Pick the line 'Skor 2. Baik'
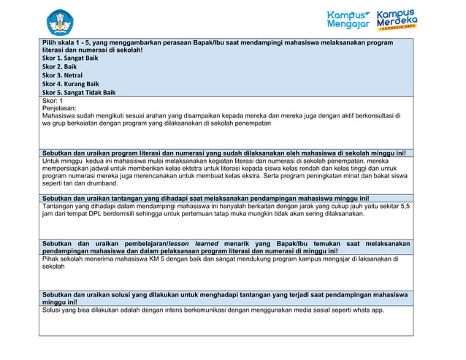(x=59, y=66)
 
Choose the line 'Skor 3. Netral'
(x=62, y=75)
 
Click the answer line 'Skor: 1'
(x=53, y=101)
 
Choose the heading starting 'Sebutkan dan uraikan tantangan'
(x=205, y=198)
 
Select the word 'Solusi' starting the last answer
(x=52, y=310)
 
